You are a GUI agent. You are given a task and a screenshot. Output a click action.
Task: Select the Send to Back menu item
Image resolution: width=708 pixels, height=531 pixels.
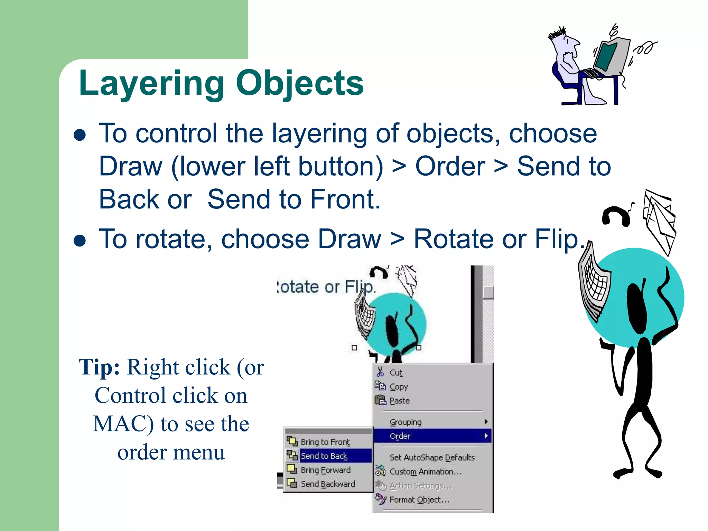[x=324, y=456]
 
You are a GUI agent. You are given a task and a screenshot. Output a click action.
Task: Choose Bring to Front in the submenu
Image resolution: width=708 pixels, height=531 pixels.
[x=325, y=442]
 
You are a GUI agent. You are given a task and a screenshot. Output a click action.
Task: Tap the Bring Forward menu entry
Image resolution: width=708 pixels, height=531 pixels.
[x=325, y=470]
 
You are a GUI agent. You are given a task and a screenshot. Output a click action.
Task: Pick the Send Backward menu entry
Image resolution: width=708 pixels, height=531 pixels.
[x=327, y=484]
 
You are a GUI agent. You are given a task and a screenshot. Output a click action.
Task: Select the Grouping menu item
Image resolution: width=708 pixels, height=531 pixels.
[x=406, y=422]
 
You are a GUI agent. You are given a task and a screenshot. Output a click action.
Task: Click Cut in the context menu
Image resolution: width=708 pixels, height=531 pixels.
[x=396, y=373]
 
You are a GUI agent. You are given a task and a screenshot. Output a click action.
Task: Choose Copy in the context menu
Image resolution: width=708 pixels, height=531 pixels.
[x=399, y=387]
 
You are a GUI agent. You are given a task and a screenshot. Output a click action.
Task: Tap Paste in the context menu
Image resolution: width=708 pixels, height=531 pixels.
[x=399, y=401]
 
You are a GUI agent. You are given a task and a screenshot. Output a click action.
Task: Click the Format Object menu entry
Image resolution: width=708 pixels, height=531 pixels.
[x=419, y=500]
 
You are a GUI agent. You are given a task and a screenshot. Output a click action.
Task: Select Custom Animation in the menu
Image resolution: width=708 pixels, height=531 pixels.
[x=425, y=472]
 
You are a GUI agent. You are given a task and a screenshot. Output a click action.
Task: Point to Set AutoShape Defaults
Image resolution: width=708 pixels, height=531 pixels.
[x=432, y=457]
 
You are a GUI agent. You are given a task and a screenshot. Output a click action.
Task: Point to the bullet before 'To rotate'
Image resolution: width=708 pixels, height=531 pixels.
[x=80, y=241]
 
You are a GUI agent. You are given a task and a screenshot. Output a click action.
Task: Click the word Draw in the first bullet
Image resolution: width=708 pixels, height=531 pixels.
[x=130, y=167]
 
